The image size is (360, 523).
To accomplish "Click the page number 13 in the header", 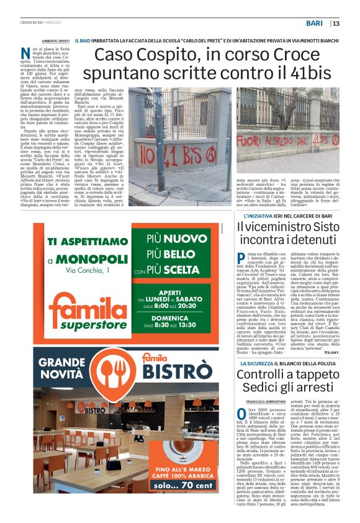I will point(336,24).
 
